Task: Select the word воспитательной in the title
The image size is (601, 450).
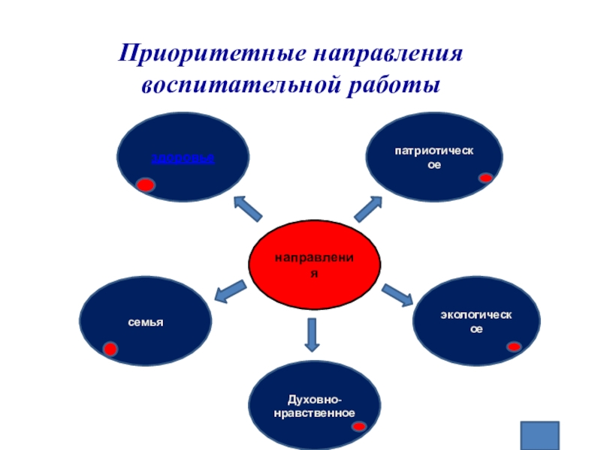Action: point(240,85)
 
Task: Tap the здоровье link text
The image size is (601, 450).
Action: point(183,158)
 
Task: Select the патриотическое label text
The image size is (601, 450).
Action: point(433,157)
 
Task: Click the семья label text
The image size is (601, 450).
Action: point(145,322)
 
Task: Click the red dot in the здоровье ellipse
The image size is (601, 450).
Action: point(146,185)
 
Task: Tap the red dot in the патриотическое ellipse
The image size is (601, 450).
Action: point(485,178)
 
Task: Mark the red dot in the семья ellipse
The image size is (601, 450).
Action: point(110,349)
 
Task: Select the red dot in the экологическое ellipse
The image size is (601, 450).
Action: point(514,346)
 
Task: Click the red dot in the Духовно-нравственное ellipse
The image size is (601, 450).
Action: point(360,426)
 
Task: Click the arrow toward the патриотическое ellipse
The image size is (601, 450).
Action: point(369,209)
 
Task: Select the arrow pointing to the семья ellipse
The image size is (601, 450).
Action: point(231,291)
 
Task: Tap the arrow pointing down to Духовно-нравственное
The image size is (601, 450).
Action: point(313,334)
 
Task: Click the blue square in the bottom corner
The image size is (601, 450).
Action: point(541,436)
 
